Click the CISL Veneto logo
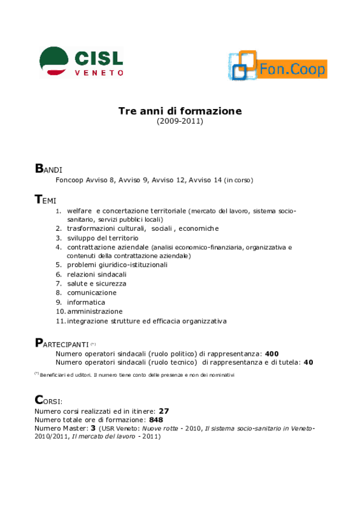[x=82, y=62]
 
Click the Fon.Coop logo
[x=278, y=66]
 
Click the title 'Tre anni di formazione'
[x=180, y=111]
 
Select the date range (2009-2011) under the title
[x=180, y=121]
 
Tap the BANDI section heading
[x=48, y=168]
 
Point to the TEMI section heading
[x=45, y=199]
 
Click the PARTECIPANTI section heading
[x=62, y=343]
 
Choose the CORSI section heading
[x=48, y=400]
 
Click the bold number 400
[x=272, y=354]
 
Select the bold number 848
[x=156, y=420]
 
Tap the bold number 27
[x=164, y=411]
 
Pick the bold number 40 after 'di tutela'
[x=308, y=362]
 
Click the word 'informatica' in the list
[x=86, y=302]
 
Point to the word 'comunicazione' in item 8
[x=92, y=293]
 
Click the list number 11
[x=61, y=321]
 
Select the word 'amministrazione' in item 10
[x=95, y=312]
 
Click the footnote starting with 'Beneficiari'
[x=134, y=375]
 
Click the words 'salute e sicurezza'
[x=97, y=284]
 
